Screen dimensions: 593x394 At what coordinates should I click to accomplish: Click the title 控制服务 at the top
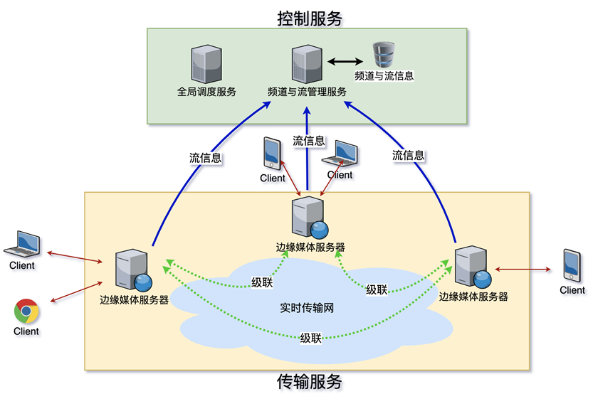[x=310, y=18]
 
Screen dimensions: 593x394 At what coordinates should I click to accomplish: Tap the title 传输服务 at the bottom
[x=310, y=381]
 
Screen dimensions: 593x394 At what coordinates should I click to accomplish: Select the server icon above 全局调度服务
[x=206, y=64]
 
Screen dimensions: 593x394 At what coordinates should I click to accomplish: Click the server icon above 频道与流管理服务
[x=307, y=64]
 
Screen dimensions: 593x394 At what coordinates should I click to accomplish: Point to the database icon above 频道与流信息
[x=384, y=55]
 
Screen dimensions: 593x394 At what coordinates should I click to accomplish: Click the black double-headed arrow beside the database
[x=345, y=61]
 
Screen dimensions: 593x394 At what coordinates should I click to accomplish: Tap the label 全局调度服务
[x=206, y=92]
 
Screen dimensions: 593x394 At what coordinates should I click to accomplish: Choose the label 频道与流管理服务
[x=307, y=92]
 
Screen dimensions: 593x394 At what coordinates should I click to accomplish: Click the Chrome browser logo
[x=26, y=311]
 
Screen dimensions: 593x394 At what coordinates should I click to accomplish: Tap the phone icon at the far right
[x=572, y=265]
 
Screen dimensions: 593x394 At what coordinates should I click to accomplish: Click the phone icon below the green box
[x=272, y=154]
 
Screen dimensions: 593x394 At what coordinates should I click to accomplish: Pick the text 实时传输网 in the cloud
[x=307, y=308]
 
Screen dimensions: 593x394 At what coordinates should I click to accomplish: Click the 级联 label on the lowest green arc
[x=311, y=338]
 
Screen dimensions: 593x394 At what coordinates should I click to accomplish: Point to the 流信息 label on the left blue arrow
[x=205, y=158]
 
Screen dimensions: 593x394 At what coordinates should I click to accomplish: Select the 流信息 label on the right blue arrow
[x=408, y=155]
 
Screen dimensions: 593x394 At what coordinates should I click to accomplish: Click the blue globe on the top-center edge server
[x=319, y=230]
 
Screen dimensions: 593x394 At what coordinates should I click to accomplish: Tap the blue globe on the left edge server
[x=143, y=282]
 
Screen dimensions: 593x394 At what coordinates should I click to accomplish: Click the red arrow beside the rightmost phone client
[x=523, y=270]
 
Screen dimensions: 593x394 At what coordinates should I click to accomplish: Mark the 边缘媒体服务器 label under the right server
[x=473, y=297]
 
